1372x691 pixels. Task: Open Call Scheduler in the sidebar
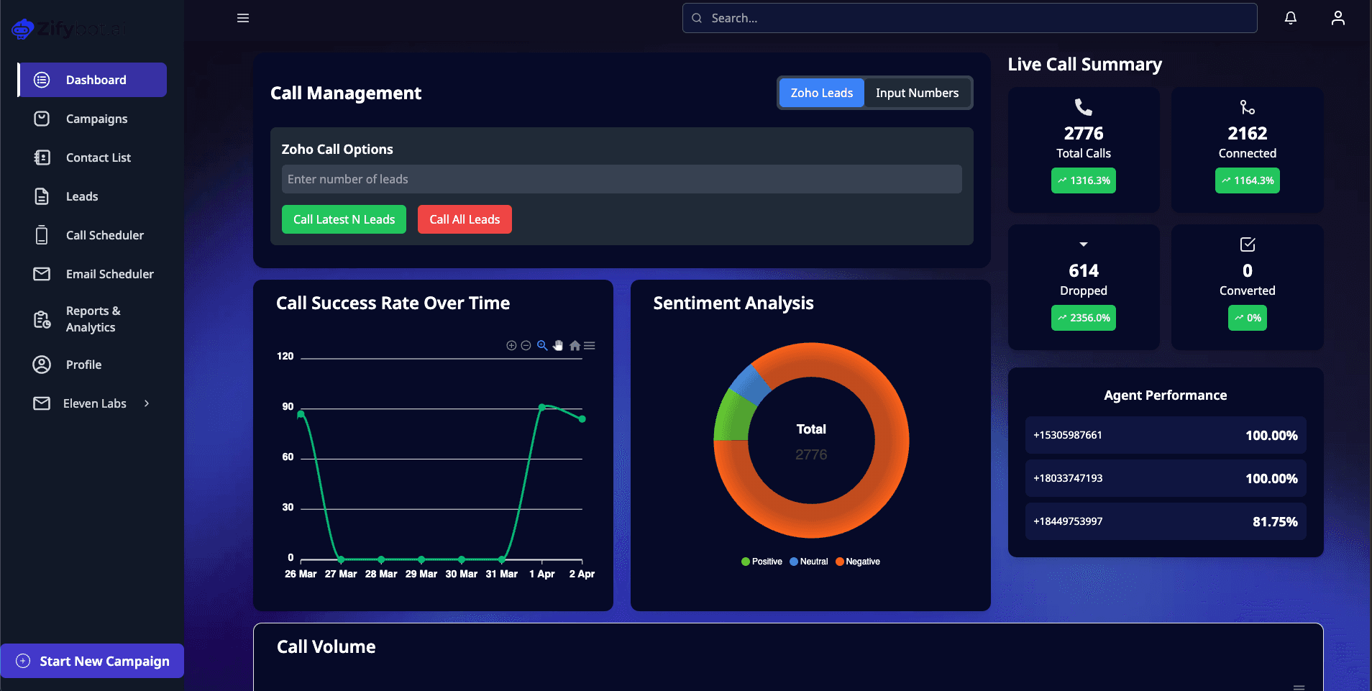(104, 235)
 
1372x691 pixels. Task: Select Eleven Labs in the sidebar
(94, 403)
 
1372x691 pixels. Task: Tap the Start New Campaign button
(93, 661)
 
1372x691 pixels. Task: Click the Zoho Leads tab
(821, 93)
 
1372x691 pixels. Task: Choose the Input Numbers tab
(917, 93)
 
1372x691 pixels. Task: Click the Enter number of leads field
(621, 179)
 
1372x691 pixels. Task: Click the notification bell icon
(1291, 18)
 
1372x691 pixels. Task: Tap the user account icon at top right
(1337, 18)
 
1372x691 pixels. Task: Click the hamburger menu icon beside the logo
(243, 18)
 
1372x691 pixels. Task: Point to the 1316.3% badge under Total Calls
(1084, 180)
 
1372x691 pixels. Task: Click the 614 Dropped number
(1084, 271)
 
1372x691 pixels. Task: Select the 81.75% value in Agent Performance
(1274, 521)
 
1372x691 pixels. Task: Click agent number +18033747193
(1068, 478)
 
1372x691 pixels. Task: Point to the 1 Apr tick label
(541, 574)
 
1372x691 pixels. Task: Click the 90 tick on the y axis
(288, 406)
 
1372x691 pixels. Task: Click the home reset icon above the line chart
(575, 346)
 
